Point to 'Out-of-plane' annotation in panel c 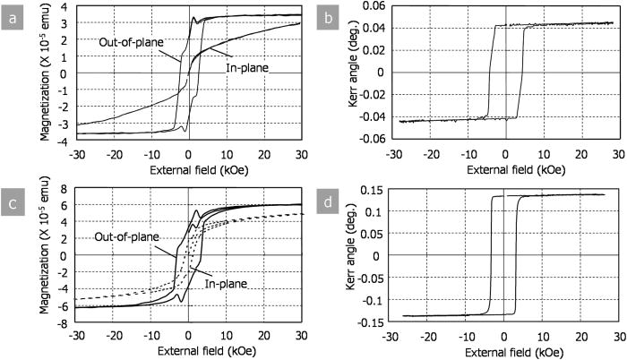(x=131, y=237)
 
